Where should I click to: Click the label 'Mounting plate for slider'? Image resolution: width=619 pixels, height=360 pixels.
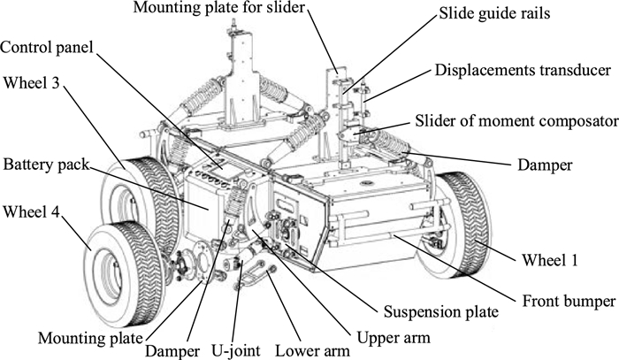click(219, 7)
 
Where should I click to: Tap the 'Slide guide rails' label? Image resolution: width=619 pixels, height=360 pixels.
click(494, 13)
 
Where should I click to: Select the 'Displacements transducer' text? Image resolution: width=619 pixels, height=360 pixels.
click(523, 70)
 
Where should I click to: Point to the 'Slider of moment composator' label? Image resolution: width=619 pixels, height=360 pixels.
click(516, 121)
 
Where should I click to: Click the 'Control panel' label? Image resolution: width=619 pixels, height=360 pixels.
click(47, 48)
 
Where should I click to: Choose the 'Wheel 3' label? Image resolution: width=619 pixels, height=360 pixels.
click(31, 83)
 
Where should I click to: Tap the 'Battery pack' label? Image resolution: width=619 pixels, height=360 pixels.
click(46, 165)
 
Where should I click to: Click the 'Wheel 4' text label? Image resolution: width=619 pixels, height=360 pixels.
click(31, 212)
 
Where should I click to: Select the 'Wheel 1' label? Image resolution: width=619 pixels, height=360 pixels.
click(549, 260)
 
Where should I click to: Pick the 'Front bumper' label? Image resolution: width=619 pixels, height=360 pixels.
click(569, 302)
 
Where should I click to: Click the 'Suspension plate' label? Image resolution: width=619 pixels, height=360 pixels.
click(441, 312)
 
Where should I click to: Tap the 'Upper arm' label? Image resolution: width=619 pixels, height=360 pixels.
click(394, 338)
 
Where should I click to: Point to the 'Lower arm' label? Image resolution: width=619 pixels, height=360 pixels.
click(312, 351)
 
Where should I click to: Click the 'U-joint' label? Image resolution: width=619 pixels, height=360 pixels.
click(236, 350)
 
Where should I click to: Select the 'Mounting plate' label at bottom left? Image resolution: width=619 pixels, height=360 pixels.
click(90, 338)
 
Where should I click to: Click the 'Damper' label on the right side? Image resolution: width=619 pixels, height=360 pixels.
click(545, 165)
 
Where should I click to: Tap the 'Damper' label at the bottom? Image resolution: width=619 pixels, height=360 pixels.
click(172, 351)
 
